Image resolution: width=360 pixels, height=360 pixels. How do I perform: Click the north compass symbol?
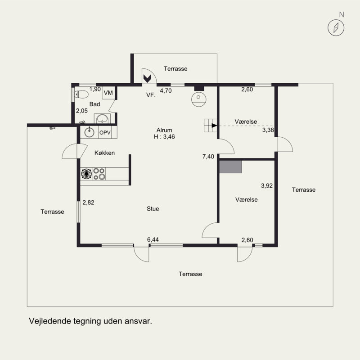(x=336, y=28)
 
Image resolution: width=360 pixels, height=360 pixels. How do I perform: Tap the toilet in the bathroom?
(x=81, y=94)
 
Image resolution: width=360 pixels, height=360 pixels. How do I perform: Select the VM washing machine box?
(x=108, y=93)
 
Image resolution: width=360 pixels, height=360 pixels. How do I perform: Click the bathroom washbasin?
(x=103, y=119)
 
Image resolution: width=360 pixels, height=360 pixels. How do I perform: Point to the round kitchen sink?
(x=89, y=132)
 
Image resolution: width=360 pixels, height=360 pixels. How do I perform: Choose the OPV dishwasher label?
(x=105, y=133)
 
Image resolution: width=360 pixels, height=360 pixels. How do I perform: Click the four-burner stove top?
(x=99, y=174)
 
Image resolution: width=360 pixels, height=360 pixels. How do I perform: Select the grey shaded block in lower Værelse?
(x=230, y=166)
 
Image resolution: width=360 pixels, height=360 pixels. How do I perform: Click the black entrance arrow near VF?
(x=147, y=78)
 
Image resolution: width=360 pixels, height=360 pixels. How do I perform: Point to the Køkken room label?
(x=104, y=153)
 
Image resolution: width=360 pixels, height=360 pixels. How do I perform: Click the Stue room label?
(x=153, y=209)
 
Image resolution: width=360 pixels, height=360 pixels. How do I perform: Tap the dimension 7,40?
(x=208, y=157)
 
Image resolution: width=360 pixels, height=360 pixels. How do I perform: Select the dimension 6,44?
(x=153, y=240)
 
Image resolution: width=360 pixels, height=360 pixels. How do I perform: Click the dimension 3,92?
(x=267, y=185)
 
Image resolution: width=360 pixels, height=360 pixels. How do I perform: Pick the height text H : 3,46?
(x=164, y=137)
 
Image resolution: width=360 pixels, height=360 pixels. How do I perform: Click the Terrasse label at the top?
(x=175, y=69)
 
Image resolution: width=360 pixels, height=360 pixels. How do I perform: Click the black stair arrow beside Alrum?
(x=214, y=126)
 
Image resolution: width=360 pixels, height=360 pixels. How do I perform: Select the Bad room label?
(x=94, y=104)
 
